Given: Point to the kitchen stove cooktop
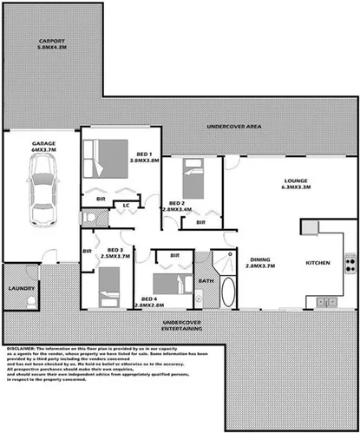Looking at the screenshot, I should point(350,263).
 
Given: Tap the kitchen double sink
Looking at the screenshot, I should point(327,302).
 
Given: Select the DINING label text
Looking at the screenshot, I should point(262,259).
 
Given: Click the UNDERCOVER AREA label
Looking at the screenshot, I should point(233,128).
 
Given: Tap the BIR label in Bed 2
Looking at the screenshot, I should point(200,222).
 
